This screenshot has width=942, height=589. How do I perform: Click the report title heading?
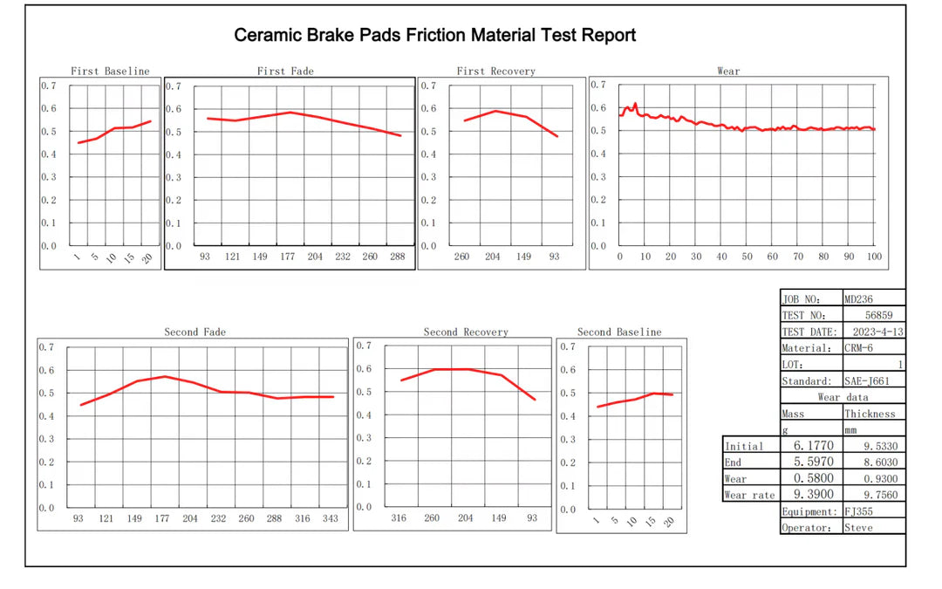click(434, 36)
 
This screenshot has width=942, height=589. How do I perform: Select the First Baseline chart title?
click(110, 71)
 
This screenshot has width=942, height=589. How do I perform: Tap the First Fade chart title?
click(285, 71)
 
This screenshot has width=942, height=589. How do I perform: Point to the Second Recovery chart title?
click(466, 332)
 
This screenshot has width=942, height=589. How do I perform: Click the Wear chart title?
click(728, 71)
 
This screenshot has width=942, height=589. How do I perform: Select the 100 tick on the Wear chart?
click(874, 257)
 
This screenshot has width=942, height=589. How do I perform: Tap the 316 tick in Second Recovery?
click(398, 517)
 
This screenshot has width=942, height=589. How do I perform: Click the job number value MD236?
click(859, 299)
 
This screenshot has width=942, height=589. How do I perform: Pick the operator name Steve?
click(857, 528)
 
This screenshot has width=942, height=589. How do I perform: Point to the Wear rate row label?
click(747, 496)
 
